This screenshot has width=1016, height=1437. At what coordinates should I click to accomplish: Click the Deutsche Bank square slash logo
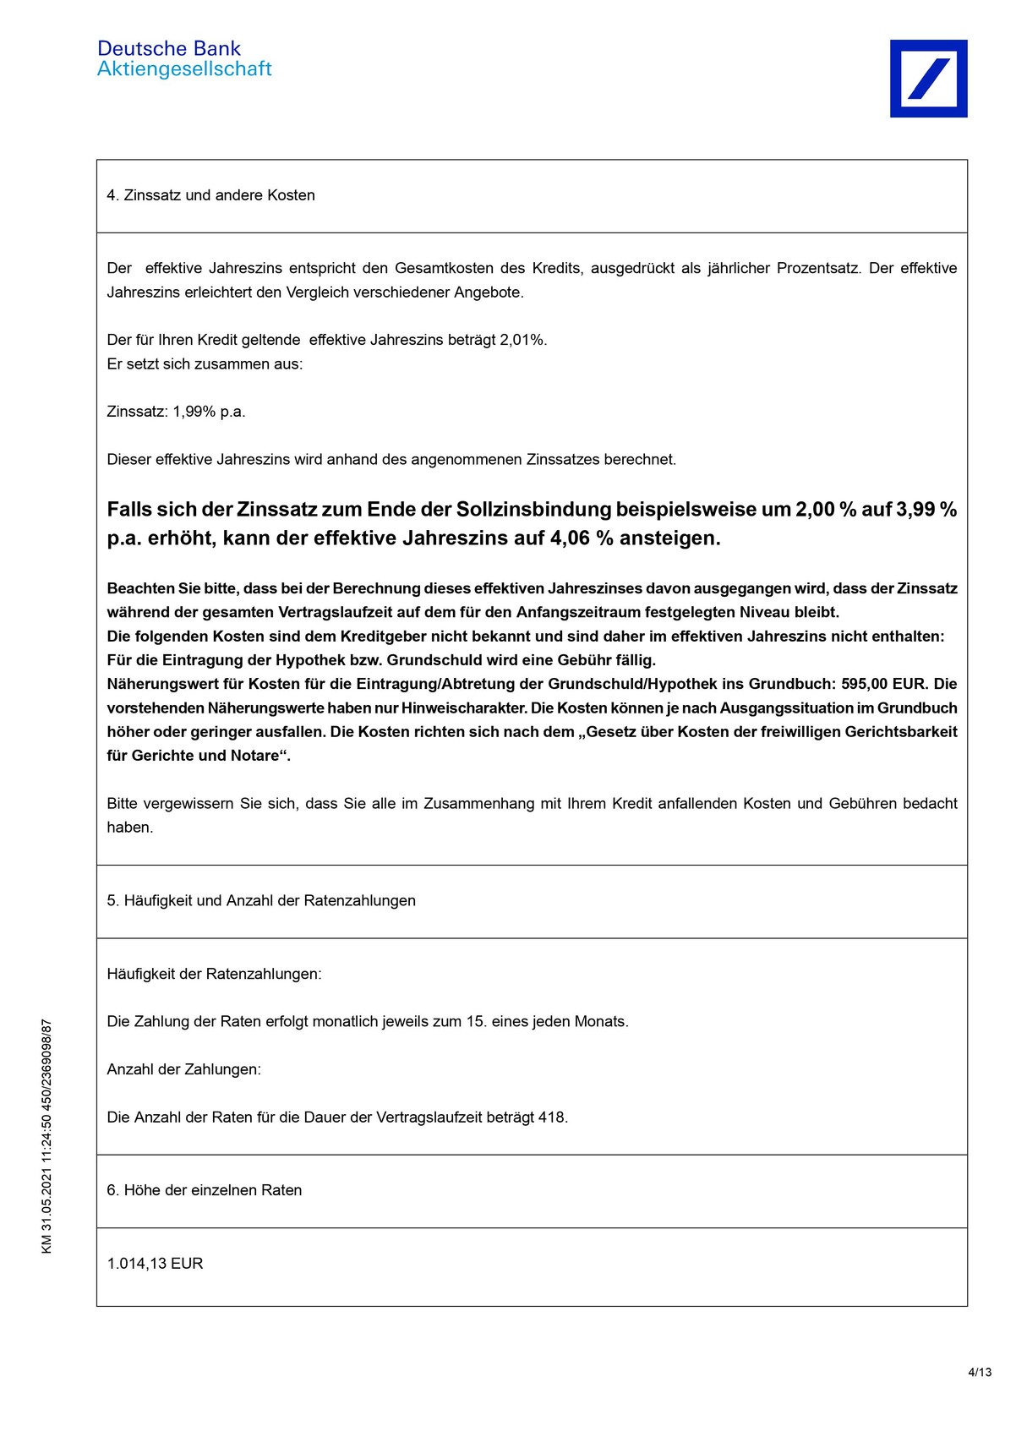tap(928, 79)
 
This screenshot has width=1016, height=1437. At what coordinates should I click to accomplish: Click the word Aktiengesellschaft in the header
tap(184, 69)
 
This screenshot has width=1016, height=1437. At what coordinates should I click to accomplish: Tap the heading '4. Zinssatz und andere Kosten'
tap(210, 195)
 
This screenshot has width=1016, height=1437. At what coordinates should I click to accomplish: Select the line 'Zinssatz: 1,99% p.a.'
tap(176, 412)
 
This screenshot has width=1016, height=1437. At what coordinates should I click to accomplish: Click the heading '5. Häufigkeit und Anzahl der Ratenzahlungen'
tap(261, 901)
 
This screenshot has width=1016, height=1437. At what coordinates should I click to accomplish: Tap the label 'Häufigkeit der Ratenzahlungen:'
tap(214, 974)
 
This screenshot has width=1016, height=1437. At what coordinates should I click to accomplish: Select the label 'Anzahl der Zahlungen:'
tap(183, 1069)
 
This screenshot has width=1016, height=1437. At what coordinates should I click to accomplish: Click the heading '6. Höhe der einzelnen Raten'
tap(204, 1190)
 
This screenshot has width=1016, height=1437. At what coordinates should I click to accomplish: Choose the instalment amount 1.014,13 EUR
tap(155, 1264)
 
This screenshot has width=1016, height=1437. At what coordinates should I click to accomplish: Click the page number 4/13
tap(980, 1372)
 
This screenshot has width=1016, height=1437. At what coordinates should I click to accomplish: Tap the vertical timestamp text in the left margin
tap(47, 1136)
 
